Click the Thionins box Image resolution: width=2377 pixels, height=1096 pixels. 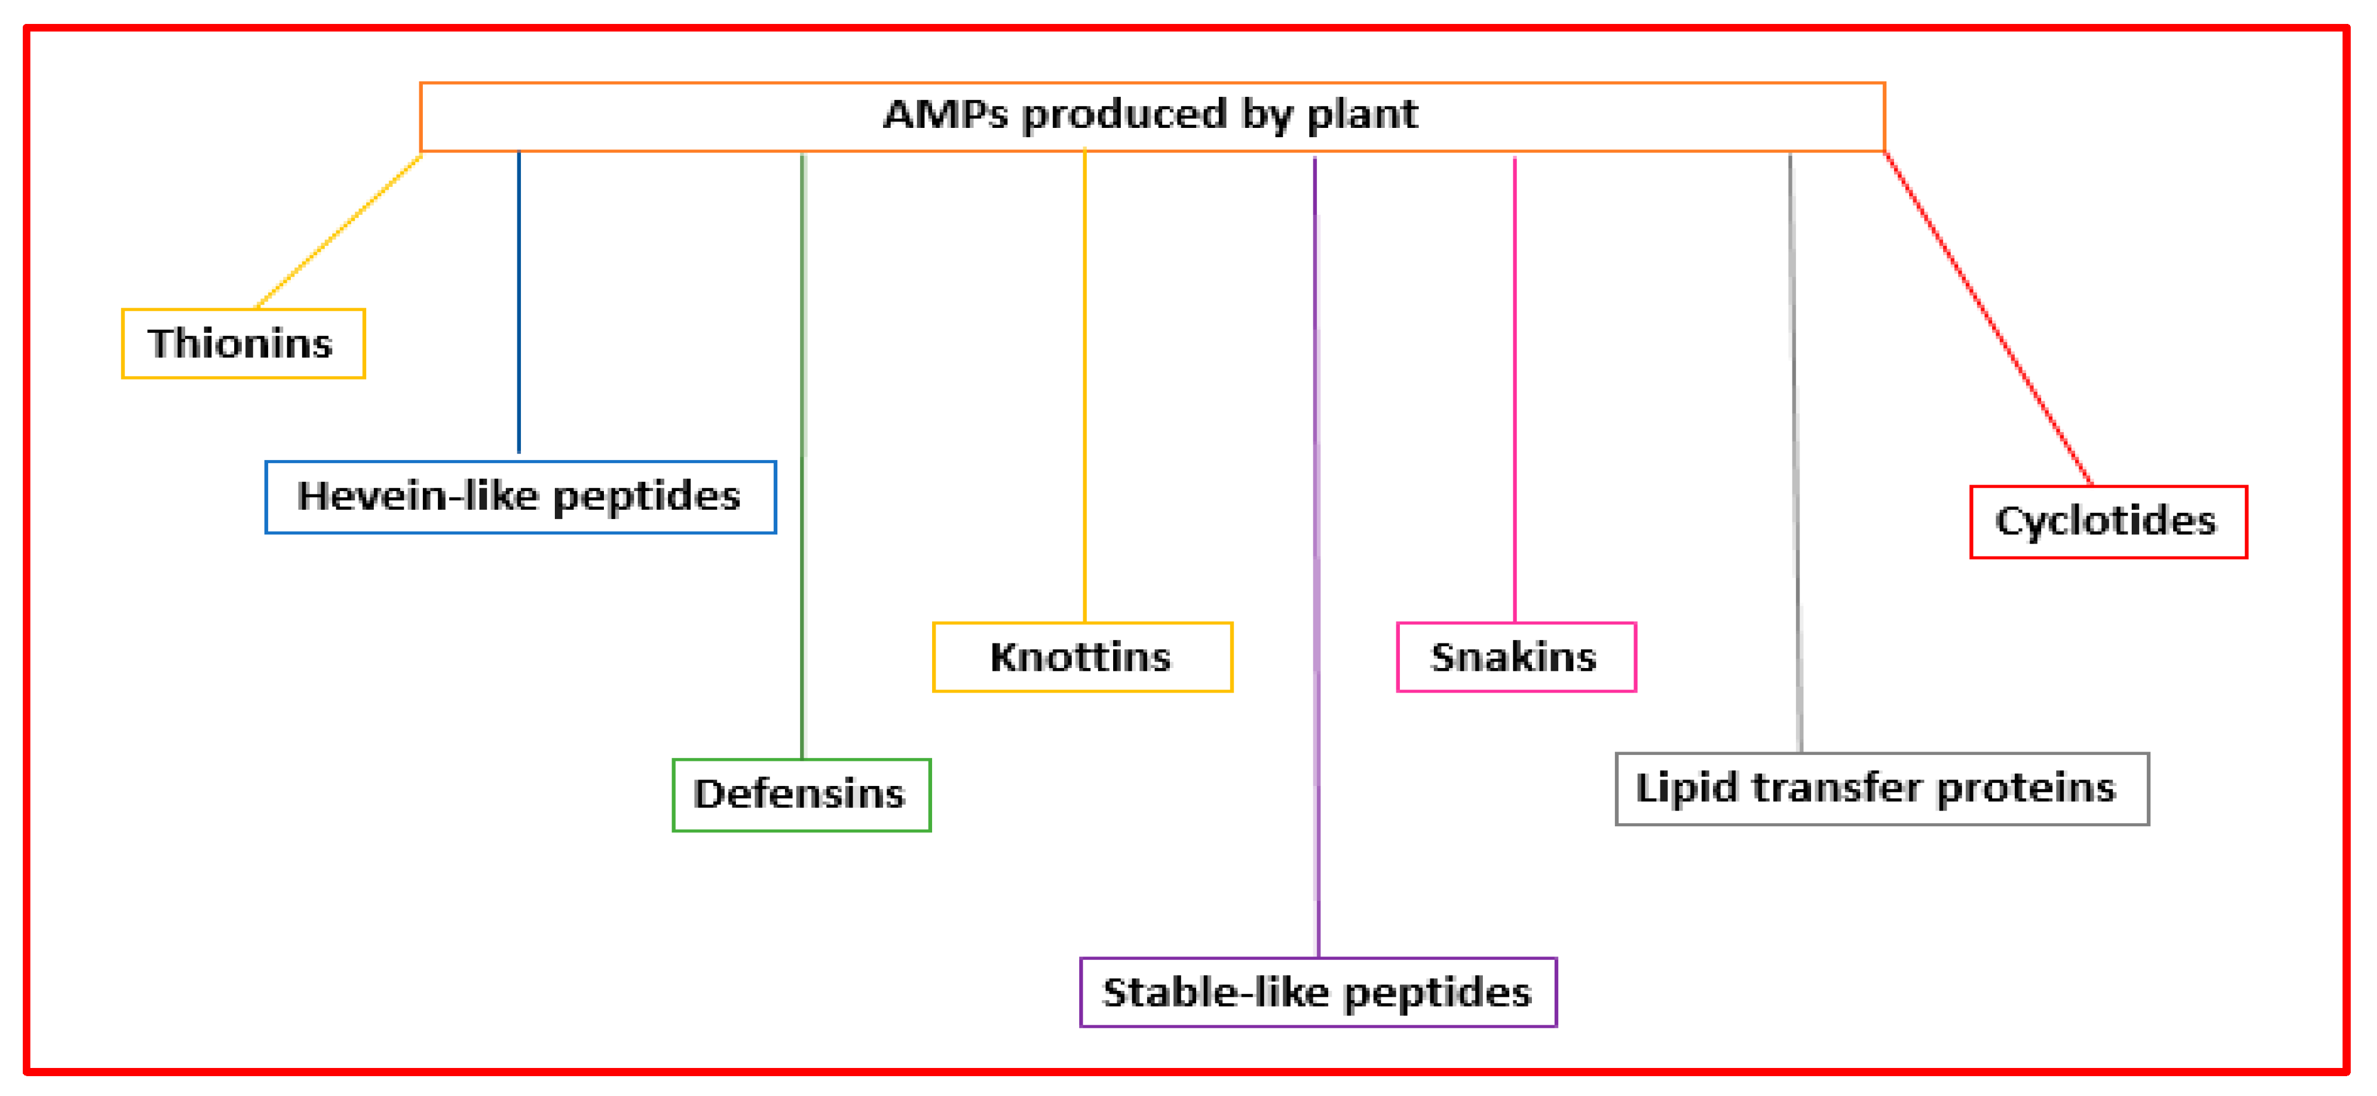(244, 343)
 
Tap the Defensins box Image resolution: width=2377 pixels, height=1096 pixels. (802, 795)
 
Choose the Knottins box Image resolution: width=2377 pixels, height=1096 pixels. (1082, 657)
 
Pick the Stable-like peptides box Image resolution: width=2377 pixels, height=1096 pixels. (1319, 993)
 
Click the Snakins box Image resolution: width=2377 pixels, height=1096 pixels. (1516, 657)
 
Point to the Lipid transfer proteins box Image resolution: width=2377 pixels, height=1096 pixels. (1882, 789)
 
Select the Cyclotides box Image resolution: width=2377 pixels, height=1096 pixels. (2108, 522)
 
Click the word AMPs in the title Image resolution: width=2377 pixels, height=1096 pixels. (946, 114)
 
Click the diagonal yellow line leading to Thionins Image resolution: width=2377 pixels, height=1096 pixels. (339, 232)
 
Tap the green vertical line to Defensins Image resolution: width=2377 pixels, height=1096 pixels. (803, 456)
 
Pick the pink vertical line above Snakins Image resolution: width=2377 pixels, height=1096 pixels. (1514, 389)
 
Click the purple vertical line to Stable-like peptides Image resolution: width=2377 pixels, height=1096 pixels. (1317, 557)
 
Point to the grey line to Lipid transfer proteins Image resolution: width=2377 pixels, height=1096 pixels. (1796, 453)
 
